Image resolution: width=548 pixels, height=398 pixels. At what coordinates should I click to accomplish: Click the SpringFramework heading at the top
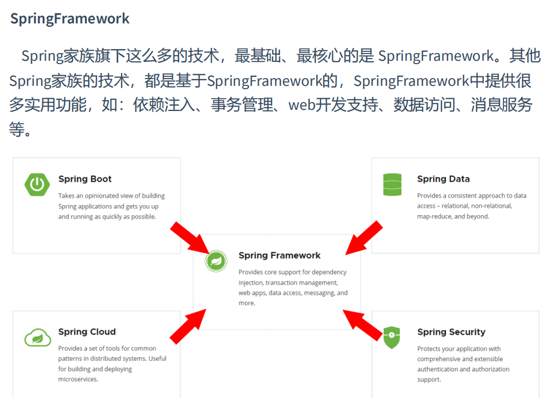coord(70,18)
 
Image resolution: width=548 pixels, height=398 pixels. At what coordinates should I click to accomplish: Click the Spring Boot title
coord(85,179)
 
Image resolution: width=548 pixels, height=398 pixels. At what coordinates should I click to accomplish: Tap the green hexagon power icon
coord(37,185)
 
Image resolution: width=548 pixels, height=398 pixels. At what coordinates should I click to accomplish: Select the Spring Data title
coord(443,179)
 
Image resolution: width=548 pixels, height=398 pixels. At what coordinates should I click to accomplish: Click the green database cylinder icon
coord(392,185)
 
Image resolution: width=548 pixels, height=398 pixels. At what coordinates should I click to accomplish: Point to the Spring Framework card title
coord(279,255)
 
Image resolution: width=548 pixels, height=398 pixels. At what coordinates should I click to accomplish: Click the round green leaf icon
coord(216,260)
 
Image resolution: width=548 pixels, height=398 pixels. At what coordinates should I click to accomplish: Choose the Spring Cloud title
coord(87,332)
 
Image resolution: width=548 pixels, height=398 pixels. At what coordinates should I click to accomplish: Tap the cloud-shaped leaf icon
coord(37,337)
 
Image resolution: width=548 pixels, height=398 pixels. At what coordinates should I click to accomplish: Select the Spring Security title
coord(451,332)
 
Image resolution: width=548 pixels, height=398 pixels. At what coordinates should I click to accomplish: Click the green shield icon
coord(392,337)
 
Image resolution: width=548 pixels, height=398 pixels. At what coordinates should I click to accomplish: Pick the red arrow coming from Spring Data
coord(364,238)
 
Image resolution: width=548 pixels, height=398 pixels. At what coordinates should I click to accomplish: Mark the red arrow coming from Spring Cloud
coord(188,327)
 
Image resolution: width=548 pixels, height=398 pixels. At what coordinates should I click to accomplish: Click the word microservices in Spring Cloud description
coord(78,379)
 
